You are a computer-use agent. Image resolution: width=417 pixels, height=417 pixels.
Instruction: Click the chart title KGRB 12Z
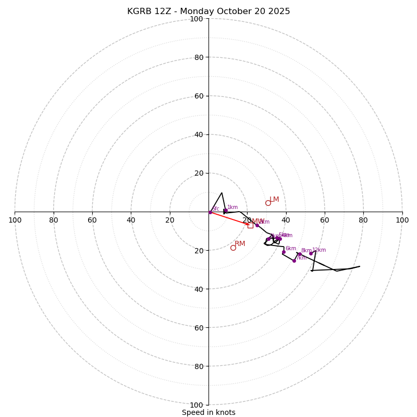click(208, 11)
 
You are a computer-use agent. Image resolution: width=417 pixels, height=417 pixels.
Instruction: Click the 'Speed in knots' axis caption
click(208, 412)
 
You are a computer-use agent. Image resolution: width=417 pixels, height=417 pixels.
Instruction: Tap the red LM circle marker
click(268, 203)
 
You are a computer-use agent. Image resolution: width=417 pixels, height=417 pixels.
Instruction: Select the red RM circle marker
click(233, 248)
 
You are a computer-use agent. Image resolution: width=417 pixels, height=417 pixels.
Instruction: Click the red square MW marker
click(250, 225)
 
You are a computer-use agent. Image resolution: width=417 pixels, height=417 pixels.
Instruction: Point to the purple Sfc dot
click(210, 212)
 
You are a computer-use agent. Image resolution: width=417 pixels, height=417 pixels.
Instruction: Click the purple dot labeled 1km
click(226, 211)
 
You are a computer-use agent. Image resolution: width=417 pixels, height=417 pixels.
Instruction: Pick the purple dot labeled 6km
click(284, 252)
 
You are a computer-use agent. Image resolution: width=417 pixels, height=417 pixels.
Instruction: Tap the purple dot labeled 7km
click(294, 261)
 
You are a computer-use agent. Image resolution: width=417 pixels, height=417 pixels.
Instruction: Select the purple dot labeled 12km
click(311, 254)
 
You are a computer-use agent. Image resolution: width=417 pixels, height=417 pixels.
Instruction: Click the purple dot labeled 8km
click(300, 254)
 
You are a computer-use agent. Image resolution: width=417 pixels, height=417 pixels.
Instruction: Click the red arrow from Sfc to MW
click(229, 218)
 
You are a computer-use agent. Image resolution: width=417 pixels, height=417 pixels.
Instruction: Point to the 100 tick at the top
click(197, 19)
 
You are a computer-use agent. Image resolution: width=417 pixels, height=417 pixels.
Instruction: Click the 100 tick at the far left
click(15, 220)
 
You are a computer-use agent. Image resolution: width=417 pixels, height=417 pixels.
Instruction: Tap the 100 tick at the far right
click(402, 220)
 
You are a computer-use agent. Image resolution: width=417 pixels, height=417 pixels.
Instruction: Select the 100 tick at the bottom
click(197, 404)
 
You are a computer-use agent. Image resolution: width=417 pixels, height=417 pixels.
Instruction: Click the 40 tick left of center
click(131, 220)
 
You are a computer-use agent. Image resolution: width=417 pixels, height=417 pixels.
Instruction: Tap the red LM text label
click(274, 200)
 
